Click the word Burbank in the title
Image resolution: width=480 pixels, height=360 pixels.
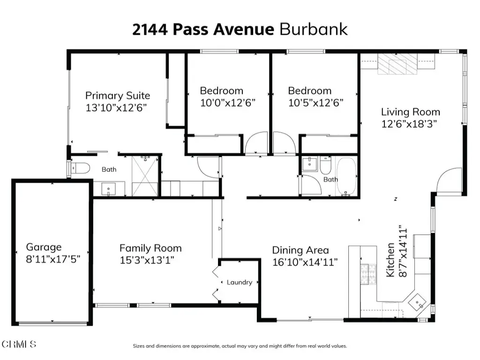(314, 30)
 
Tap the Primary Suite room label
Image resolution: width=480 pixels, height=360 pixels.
(118, 96)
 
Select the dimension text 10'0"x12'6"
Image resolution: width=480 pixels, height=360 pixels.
(228, 103)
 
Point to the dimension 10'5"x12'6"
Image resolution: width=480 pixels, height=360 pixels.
(315, 103)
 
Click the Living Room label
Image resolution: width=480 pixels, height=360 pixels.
(411, 112)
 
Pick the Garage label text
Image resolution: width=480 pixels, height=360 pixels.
(44, 247)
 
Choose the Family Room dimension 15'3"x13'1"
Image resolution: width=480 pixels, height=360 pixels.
(147, 260)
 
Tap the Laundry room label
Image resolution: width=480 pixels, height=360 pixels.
(240, 282)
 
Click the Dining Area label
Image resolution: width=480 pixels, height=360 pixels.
(300, 250)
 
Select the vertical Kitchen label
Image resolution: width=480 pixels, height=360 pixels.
(390, 260)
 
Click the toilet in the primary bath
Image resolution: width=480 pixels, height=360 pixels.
(80, 168)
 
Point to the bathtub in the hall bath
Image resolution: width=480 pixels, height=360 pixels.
(346, 176)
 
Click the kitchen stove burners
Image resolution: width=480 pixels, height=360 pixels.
(368, 274)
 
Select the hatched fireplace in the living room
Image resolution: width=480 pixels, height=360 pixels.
(397, 64)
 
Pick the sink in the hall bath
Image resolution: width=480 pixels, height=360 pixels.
(309, 165)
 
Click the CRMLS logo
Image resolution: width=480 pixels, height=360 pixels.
(19, 344)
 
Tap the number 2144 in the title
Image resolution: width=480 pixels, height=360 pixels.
(150, 30)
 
